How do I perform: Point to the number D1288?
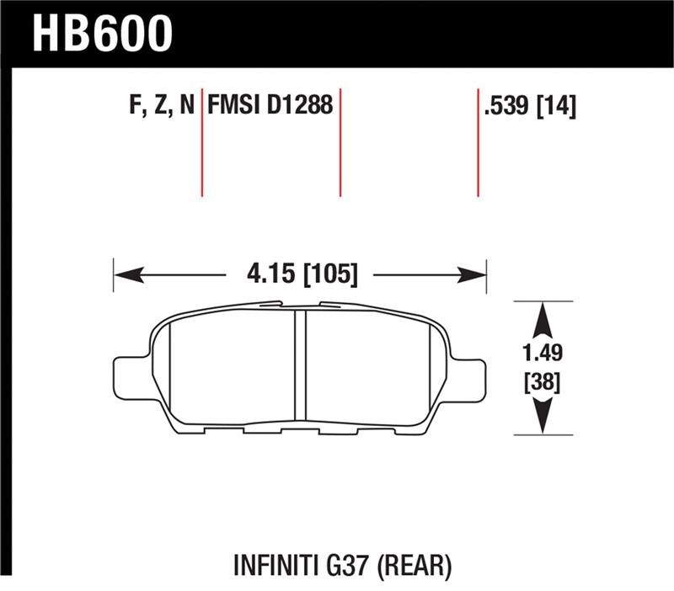tap(300, 107)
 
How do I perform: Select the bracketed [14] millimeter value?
tap(558, 107)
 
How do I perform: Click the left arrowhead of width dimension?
tap(126, 274)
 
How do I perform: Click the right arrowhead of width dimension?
tap(473, 274)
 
